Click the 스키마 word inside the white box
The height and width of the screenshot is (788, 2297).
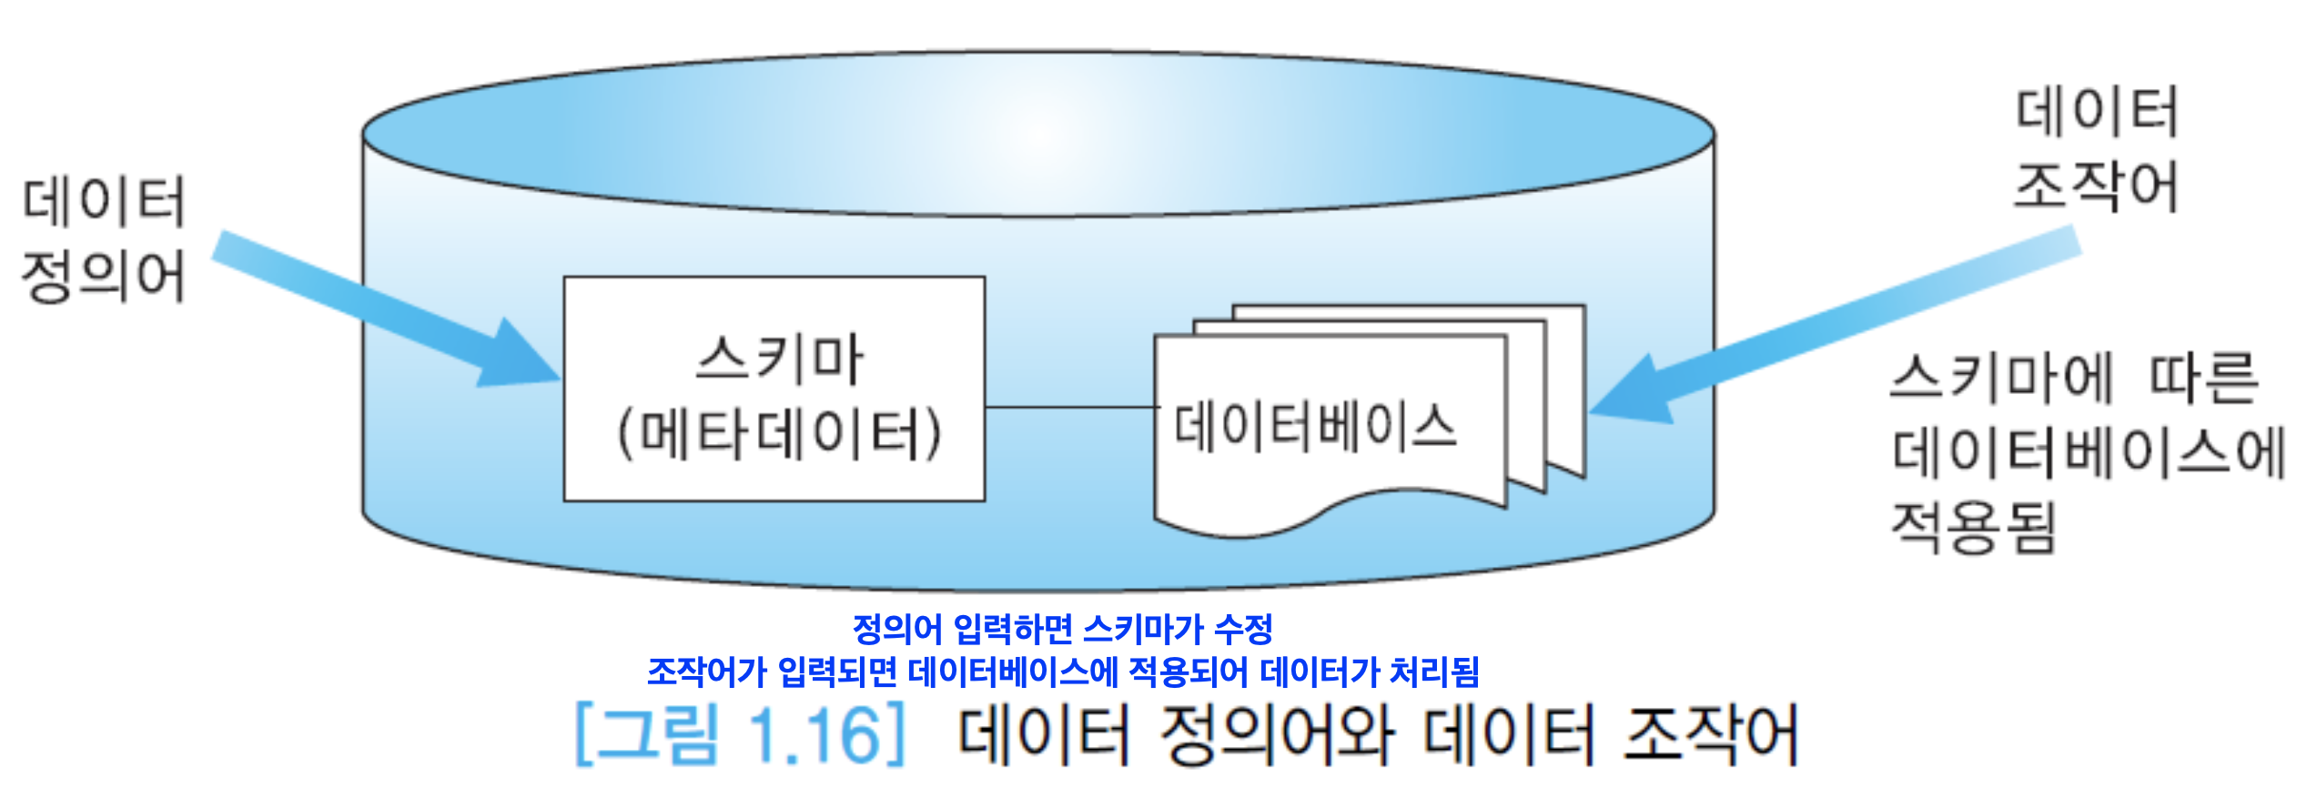(x=778, y=359)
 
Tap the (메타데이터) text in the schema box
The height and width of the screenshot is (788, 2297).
(x=778, y=434)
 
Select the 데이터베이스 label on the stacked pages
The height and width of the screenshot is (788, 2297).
(x=1315, y=426)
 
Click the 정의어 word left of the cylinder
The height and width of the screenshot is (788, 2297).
(x=103, y=277)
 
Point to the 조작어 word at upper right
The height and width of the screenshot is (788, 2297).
(x=2095, y=187)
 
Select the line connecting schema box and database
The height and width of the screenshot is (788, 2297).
(x=1070, y=407)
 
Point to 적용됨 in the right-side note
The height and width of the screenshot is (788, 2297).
(x=1973, y=528)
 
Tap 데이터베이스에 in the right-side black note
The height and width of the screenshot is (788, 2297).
(x=2088, y=452)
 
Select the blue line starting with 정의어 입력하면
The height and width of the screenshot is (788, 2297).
(x=1061, y=628)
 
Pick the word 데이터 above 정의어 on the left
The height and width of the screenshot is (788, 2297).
(x=103, y=202)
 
